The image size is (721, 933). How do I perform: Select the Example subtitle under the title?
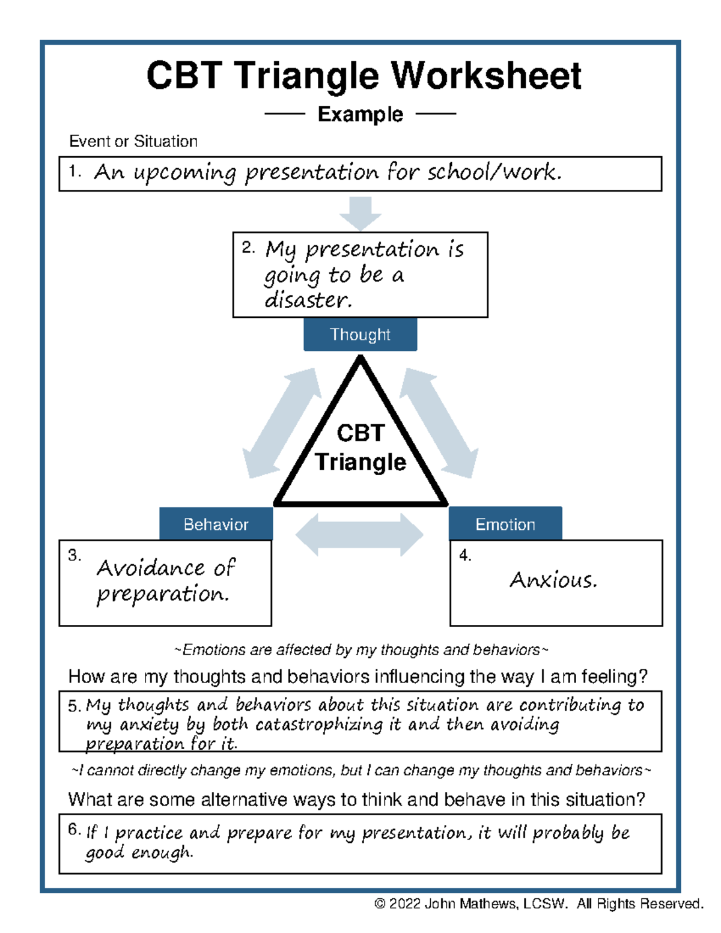(360, 114)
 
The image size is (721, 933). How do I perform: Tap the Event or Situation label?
(133, 141)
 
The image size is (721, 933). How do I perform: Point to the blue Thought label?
(360, 335)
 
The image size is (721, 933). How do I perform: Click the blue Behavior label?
(216, 524)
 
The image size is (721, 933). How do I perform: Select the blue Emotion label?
(505, 524)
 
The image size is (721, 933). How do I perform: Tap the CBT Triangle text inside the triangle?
(360, 448)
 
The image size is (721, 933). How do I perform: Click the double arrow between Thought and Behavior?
(281, 424)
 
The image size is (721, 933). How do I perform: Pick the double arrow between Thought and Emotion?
(439, 424)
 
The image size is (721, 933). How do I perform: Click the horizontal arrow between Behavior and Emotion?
(359, 534)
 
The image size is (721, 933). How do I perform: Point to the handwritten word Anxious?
(553, 580)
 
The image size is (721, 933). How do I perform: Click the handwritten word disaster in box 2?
(308, 300)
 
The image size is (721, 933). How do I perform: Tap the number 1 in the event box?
(73, 171)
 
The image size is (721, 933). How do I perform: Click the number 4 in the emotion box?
(464, 555)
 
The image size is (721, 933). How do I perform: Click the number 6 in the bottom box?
(73, 830)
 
